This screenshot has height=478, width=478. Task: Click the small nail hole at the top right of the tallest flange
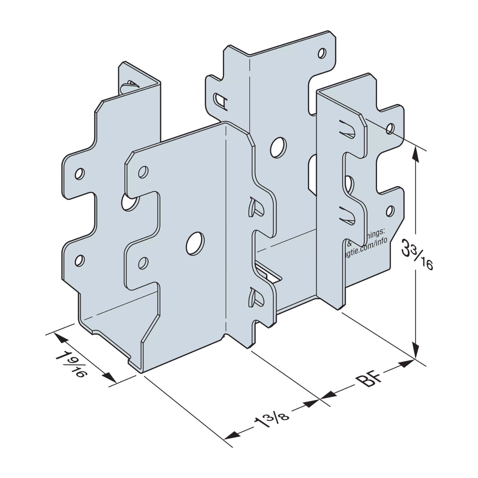[x=322, y=53]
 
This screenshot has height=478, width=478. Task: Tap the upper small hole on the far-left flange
[x=79, y=174]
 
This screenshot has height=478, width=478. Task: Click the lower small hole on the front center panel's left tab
[x=144, y=262]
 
